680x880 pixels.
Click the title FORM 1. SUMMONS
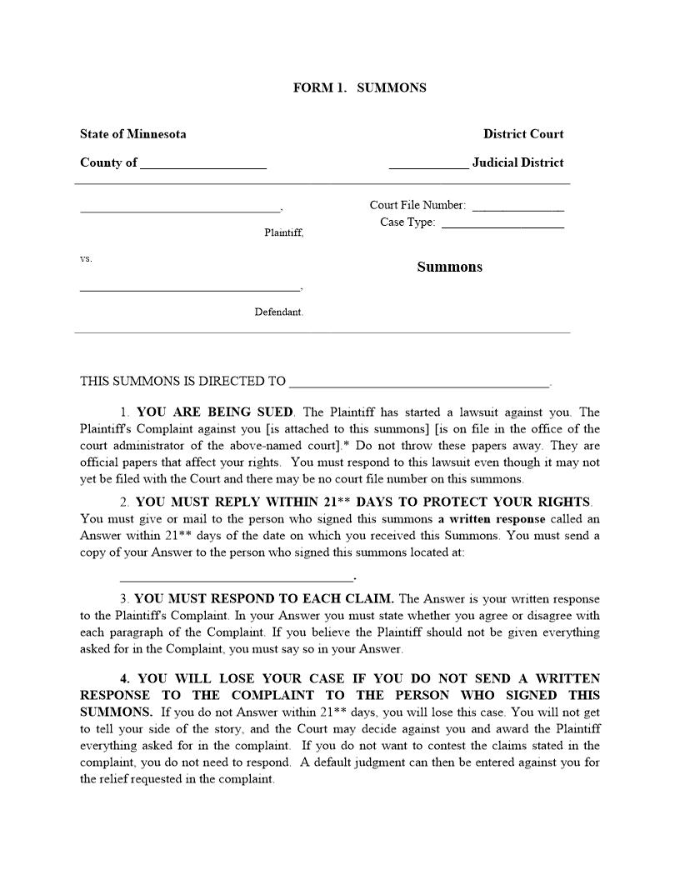[359, 87]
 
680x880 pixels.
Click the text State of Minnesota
[132, 134]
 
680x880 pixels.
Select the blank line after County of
[203, 166]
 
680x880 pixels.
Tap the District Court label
[523, 134]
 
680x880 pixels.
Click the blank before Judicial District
[428, 166]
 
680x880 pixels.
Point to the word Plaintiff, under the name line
[283, 233]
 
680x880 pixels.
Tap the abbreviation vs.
[86, 259]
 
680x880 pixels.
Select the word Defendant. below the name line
[279, 312]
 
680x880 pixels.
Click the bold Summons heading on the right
[449, 267]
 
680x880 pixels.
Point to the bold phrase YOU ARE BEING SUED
[215, 412]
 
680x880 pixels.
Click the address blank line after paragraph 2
[237, 577]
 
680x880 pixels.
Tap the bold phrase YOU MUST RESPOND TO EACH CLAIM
[265, 599]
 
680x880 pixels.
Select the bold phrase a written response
[492, 519]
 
